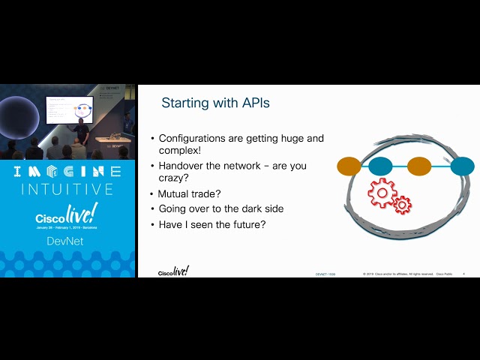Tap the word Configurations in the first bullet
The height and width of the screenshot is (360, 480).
coord(197,139)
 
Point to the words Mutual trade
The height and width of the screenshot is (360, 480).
coord(189,194)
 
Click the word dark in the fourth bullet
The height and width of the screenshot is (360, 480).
coord(243,209)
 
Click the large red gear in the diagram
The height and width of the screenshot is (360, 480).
coord(382,193)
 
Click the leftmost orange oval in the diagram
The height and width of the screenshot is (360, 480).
coord(349,166)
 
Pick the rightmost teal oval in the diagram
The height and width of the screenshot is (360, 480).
coord(462,166)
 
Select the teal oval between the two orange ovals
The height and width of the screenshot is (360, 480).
coord(381,166)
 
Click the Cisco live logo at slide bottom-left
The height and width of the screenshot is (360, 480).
coord(173,271)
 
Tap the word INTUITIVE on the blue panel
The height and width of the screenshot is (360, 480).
coord(67,189)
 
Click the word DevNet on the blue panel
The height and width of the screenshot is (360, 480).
coord(67,241)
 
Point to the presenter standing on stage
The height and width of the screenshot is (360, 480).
coord(82,132)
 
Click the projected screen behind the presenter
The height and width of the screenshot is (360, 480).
coord(69,109)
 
